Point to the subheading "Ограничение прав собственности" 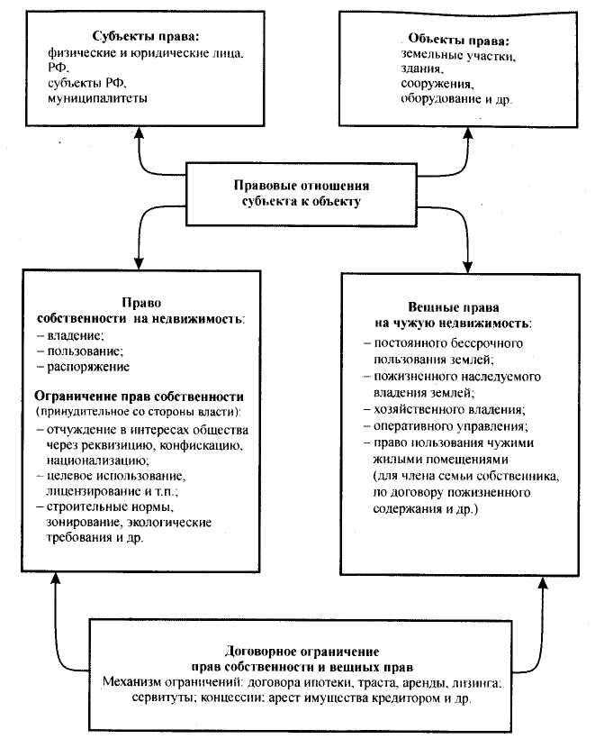click(x=140, y=396)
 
